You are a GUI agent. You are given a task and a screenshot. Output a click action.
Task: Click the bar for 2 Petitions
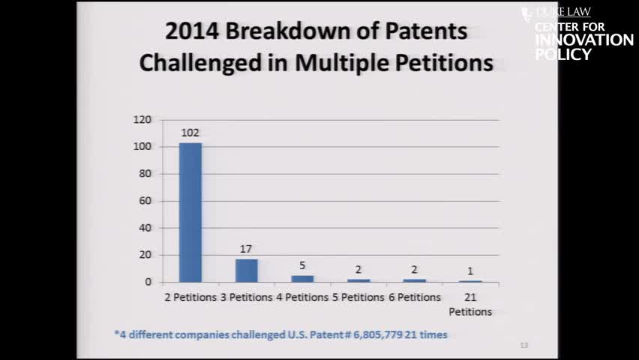coord(190,212)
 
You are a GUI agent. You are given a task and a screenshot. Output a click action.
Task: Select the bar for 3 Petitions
coord(246,270)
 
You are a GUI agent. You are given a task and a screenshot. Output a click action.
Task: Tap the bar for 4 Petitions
coord(302,278)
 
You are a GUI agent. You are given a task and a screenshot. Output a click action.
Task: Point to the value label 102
coord(190,133)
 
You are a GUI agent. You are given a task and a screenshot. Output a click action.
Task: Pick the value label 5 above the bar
coord(302,265)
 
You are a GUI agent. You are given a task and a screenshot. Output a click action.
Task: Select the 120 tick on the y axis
coord(142,120)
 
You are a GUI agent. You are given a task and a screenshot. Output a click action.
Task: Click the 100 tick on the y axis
coord(142,147)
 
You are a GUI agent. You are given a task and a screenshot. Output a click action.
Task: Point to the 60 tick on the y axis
coord(145,201)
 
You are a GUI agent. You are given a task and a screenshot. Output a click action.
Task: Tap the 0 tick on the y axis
coord(148,282)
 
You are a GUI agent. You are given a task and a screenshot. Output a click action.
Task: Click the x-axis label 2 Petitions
coord(190,297)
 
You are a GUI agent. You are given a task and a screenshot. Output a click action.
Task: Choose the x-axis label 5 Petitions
coord(358,297)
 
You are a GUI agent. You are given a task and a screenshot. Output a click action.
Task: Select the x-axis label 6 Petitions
coord(414,297)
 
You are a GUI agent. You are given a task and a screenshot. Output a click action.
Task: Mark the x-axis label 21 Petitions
coord(470,304)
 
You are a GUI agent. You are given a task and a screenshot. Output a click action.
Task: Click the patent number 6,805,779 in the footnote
coord(373,334)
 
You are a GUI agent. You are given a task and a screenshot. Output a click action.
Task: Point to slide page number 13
coord(523,345)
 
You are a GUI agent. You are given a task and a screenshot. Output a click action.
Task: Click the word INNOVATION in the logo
coord(584,40)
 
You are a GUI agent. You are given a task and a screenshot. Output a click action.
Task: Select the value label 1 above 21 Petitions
coord(470,271)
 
